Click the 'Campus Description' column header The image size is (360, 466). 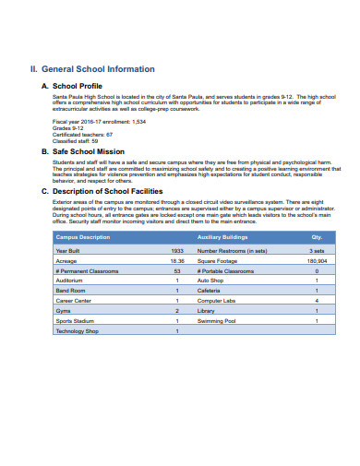83,237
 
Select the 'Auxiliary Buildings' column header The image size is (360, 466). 222,237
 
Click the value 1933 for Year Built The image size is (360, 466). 177,250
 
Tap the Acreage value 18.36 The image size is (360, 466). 177,261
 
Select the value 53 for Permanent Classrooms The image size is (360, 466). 177,271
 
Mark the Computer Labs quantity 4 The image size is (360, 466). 317,301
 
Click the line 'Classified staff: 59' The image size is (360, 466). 77,139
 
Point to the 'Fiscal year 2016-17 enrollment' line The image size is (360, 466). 99,121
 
